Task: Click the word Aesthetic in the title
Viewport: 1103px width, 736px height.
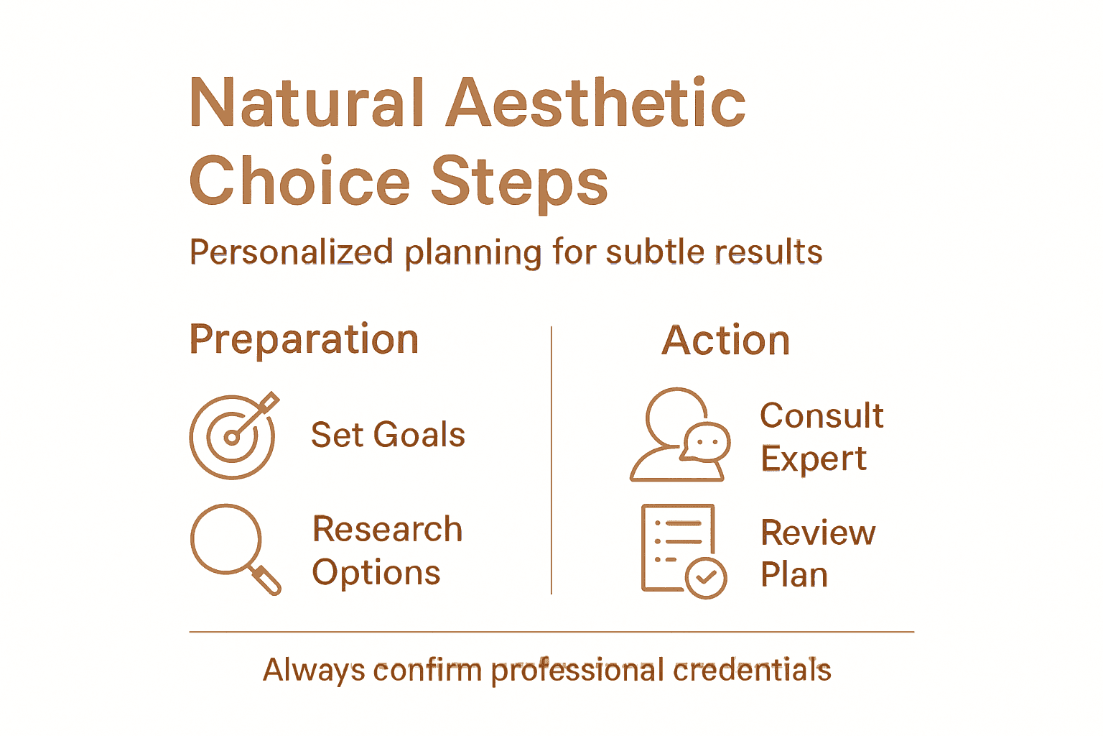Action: (x=596, y=103)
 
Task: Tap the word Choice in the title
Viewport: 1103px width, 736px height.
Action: (x=299, y=181)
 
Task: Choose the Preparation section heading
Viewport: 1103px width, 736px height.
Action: (x=304, y=339)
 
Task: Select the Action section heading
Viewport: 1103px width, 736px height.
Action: (x=725, y=341)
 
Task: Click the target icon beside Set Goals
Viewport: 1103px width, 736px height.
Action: (x=232, y=436)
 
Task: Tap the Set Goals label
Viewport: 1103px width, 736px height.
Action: (x=388, y=436)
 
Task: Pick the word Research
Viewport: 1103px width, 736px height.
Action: (x=388, y=530)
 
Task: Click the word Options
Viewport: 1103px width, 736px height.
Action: (x=376, y=573)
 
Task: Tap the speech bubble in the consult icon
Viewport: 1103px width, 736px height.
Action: (x=706, y=442)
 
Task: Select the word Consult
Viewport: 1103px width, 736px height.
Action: (x=822, y=416)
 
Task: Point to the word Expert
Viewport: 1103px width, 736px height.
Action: (x=814, y=459)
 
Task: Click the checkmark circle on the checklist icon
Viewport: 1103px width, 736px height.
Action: (x=706, y=577)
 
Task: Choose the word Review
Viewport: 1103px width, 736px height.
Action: (x=818, y=533)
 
